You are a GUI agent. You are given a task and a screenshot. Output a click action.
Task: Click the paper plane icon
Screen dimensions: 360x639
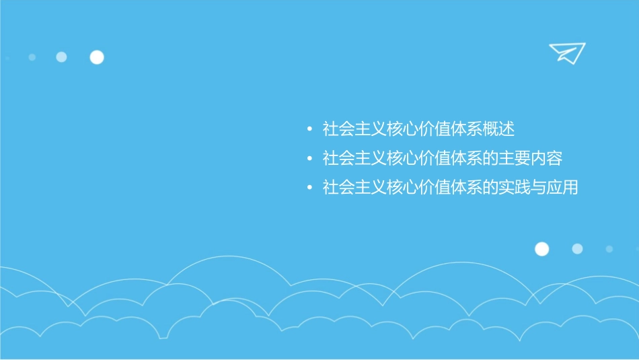point(566,52)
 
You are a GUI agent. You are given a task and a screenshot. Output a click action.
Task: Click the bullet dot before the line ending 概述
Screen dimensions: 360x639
point(308,129)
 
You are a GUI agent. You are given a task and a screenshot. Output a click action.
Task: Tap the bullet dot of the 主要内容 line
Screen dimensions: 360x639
point(308,159)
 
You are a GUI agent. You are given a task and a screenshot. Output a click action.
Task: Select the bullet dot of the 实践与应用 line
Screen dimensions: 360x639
point(308,188)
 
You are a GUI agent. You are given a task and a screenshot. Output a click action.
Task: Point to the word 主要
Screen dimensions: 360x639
point(514,159)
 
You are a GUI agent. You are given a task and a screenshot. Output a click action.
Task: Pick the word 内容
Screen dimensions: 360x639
point(546,159)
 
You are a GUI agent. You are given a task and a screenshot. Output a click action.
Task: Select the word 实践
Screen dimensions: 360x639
point(514,188)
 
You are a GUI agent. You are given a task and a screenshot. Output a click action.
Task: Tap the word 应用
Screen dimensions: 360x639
point(562,188)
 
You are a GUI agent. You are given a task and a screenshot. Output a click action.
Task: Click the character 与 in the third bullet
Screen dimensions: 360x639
point(538,188)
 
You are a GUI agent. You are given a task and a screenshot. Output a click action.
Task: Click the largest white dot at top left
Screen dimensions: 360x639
point(97,57)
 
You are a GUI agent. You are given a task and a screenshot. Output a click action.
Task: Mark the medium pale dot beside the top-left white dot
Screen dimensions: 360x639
point(61,57)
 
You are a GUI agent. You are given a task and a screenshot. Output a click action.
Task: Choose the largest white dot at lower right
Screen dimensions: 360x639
point(541,249)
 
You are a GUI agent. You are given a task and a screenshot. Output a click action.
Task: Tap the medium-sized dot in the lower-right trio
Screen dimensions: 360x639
point(577,249)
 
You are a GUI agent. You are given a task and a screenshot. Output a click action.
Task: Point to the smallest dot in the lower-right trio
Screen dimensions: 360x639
point(609,249)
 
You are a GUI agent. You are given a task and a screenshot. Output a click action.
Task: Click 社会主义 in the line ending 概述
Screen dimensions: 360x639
point(354,129)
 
